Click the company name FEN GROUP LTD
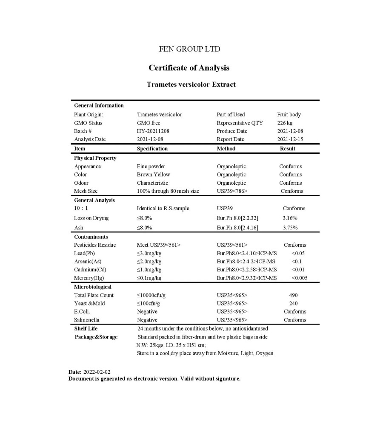(x=189, y=49)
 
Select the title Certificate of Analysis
(x=189, y=68)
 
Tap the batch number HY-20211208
(x=153, y=131)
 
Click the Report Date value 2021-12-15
(x=290, y=139)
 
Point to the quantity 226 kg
(x=285, y=123)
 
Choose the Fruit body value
(x=289, y=115)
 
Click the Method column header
(x=226, y=149)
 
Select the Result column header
(x=288, y=149)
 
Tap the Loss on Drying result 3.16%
(x=290, y=218)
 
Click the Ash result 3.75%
(x=290, y=228)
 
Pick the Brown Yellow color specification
(x=153, y=175)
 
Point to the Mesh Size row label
(x=86, y=191)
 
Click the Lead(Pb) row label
(x=84, y=254)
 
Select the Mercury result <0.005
(x=299, y=278)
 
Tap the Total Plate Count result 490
(x=293, y=295)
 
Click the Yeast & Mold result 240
(x=293, y=304)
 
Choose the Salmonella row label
(x=86, y=320)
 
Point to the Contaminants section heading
(x=91, y=237)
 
